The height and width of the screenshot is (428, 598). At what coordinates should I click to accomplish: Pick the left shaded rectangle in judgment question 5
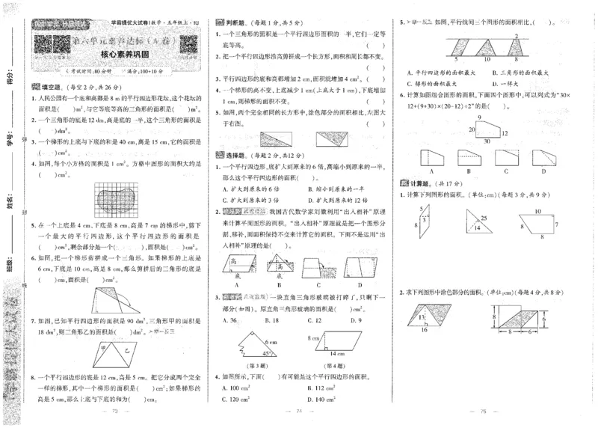(x=275, y=138)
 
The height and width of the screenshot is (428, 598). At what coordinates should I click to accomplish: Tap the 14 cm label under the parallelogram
(x=331, y=351)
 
